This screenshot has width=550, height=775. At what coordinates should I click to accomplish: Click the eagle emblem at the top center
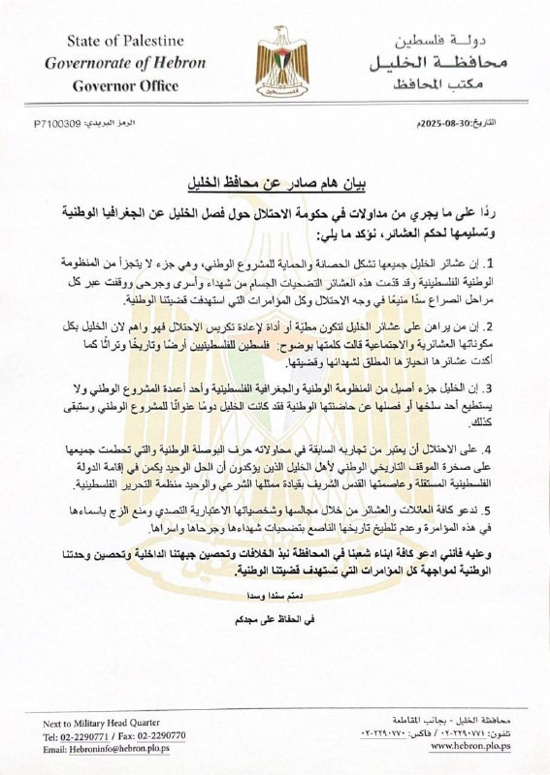pos(280,60)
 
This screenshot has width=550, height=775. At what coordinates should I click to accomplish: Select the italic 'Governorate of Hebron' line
pos(124,63)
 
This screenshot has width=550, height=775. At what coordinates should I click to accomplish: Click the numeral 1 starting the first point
pos(516,263)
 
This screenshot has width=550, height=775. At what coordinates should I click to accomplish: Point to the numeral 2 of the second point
pos(516,326)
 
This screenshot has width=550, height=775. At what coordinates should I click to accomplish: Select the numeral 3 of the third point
pos(516,390)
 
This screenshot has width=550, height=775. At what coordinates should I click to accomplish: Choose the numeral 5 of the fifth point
pos(516,510)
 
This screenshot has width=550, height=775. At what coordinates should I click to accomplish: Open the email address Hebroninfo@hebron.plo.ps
pos(102,749)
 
